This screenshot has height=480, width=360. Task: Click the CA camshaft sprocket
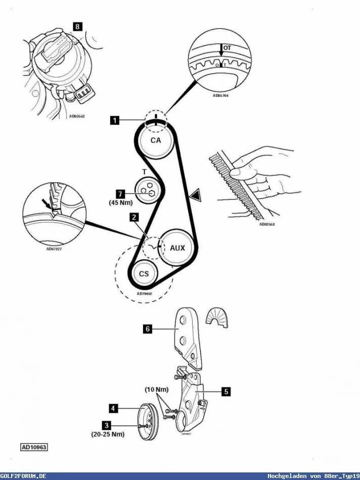[x=156, y=140]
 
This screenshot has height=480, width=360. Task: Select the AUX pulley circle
[x=177, y=248]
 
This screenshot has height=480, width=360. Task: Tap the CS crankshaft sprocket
[x=144, y=274]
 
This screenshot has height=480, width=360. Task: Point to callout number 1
[x=115, y=120]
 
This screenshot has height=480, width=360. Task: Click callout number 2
[x=133, y=217]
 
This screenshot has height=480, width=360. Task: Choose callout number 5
[x=226, y=391]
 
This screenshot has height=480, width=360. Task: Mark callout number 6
[x=147, y=329]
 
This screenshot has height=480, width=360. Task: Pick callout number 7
[x=120, y=194]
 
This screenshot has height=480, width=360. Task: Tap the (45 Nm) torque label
[x=120, y=203]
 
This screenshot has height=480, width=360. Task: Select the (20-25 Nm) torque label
[x=107, y=434]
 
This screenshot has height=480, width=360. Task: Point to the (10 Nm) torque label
[x=157, y=390]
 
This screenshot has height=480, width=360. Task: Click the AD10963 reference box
[x=34, y=447]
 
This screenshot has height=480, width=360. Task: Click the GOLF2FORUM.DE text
[x=24, y=476]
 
